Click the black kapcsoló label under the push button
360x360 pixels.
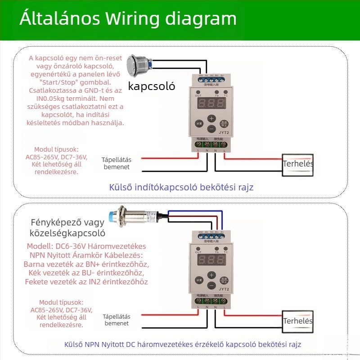click(152, 86)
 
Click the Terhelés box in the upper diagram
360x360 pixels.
click(298, 164)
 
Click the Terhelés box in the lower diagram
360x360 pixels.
click(298, 321)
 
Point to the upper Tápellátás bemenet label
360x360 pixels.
click(116, 163)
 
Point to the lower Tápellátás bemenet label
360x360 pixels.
click(116, 319)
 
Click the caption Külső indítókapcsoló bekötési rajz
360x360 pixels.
click(181, 187)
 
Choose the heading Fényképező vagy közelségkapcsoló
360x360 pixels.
click(68, 228)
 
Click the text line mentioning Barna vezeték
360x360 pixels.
click(86, 264)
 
